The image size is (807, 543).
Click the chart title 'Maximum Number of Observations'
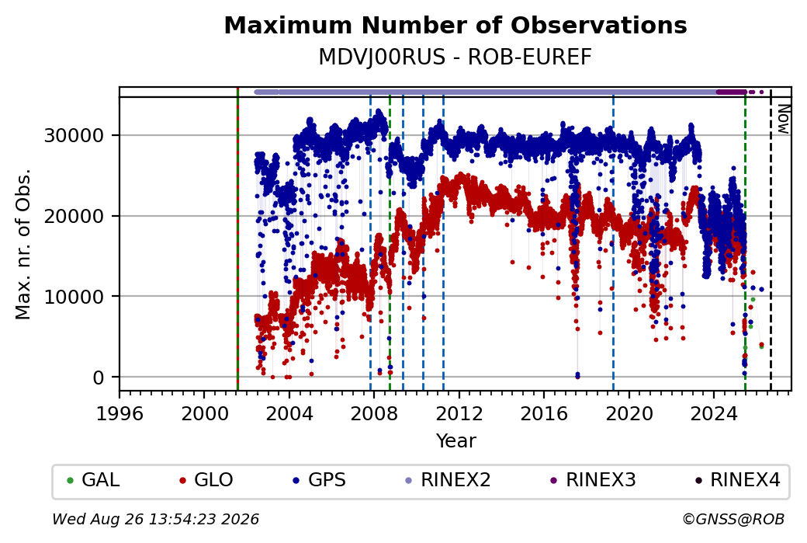455,25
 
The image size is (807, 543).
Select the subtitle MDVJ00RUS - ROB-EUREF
455,57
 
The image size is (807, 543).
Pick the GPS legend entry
319,480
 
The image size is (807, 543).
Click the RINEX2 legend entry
448,480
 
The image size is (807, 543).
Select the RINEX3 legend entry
593,480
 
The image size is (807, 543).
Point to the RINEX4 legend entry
737,480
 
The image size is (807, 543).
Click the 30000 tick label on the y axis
74,135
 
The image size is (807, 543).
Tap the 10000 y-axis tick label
74,297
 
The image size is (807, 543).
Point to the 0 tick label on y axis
99,378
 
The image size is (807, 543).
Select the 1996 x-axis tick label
119,413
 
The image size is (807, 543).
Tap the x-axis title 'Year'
456,441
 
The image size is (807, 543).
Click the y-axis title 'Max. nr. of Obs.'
23,244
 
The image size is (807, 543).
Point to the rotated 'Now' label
783,119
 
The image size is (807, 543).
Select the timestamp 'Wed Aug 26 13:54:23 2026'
155,519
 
